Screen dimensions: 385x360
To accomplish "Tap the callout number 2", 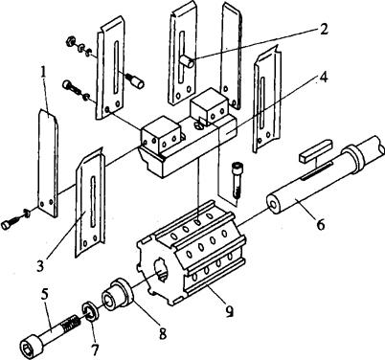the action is (x=323, y=30).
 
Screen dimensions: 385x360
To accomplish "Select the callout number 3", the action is (x=39, y=265).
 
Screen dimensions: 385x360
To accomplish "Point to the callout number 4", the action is (x=324, y=77).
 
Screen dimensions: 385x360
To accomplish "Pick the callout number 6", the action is (x=320, y=224).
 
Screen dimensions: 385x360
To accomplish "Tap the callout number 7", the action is (x=94, y=349).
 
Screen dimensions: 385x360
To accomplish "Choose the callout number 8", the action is (x=163, y=333).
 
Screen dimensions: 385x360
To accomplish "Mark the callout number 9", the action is (x=229, y=310).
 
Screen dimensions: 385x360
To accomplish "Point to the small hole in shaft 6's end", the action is (x=274, y=205).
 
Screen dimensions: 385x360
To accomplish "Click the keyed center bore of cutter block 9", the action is (x=161, y=270).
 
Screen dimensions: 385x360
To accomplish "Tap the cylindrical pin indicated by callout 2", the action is (x=187, y=61).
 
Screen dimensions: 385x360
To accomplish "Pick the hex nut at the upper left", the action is (x=70, y=41).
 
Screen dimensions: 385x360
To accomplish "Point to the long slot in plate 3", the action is (x=93, y=202).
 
